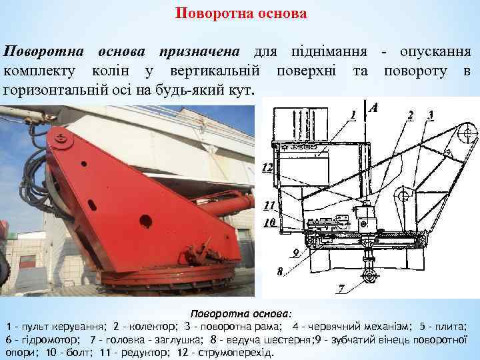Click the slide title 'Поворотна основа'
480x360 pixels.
[x=241, y=13]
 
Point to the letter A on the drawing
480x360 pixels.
[x=374, y=107]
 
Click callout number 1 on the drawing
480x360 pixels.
[x=353, y=115]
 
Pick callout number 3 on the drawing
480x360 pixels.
[x=431, y=114]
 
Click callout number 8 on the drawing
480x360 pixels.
[x=280, y=272]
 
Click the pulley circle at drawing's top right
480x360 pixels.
[x=466, y=133]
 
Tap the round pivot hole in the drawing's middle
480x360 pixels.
[x=401, y=196]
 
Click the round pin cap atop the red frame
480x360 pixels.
[x=64, y=141]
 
